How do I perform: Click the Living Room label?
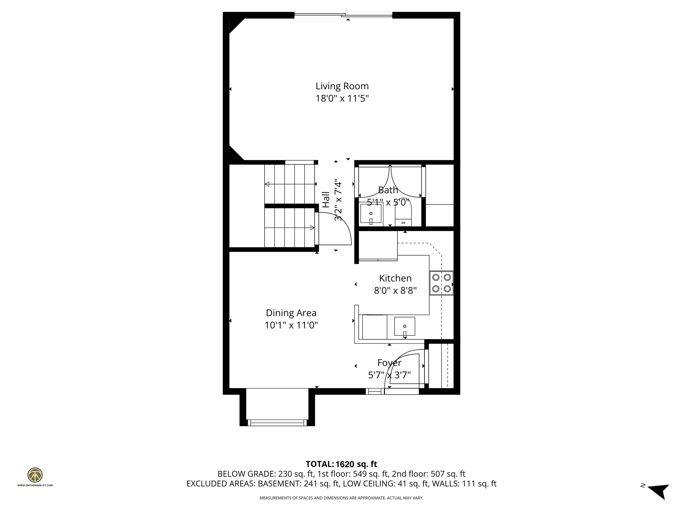(x=342, y=86)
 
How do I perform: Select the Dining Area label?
(x=291, y=313)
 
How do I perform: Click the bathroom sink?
(x=371, y=214)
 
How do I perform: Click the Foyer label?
(x=389, y=363)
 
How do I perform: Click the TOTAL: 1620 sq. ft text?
(x=341, y=464)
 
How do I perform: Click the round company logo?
(x=35, y=475)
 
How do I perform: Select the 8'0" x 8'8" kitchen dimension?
(x=395, y=290)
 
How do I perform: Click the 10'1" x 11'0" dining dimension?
(x=291, y=325)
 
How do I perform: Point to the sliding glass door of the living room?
(x=343, y=15)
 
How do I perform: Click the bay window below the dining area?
(x=277, y=422)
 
